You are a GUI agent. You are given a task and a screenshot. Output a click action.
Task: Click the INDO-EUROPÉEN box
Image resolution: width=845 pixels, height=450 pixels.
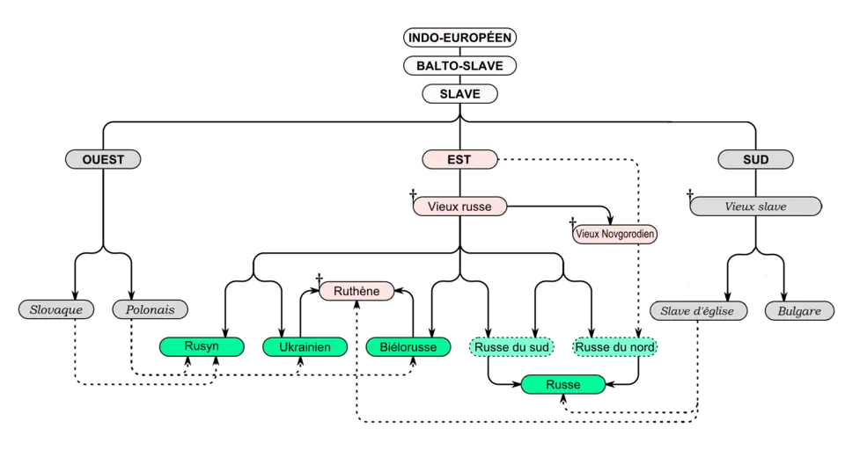(459, 38)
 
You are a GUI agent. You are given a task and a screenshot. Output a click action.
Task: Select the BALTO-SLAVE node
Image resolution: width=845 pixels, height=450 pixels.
(459, 66)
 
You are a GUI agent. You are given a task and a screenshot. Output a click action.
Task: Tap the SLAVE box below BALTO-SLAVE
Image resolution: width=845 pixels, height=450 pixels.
(459, 94)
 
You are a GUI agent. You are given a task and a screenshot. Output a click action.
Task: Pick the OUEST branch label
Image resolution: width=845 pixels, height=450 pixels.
(103, 160)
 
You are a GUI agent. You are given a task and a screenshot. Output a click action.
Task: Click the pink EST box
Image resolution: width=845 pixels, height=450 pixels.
(459, 160)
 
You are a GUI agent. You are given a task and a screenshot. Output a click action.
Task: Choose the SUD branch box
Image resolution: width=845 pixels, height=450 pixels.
(755, 160)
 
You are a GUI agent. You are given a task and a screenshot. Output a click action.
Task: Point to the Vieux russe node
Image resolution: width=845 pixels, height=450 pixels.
(459, 207)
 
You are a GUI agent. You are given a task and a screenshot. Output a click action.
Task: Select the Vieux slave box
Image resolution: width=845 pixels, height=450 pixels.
(755, 207)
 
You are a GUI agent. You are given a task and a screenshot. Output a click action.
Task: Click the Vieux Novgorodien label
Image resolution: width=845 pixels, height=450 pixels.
(614, 235)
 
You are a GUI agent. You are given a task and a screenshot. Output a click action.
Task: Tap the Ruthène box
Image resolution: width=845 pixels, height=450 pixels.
(356, 291)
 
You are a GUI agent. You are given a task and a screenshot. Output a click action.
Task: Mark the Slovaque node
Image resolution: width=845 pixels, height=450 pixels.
(56, 310)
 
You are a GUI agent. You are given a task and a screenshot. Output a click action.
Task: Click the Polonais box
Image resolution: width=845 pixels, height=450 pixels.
(151, 310)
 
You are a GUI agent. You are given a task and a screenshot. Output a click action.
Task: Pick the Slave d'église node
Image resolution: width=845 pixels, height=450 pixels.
(698, 311)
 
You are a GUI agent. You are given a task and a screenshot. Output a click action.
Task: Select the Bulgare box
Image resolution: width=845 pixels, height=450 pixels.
(799, 311)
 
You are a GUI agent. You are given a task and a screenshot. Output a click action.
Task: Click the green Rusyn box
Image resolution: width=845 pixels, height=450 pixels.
(202, 347)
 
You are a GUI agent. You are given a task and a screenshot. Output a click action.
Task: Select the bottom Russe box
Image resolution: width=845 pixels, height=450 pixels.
(562, 385)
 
